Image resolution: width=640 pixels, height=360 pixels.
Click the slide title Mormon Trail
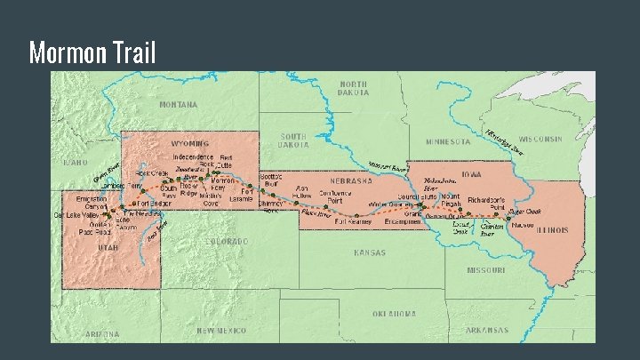pyautogui.click(x=92, y=53)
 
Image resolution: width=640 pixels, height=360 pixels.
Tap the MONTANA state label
pyautogui.click(x=179, y=104)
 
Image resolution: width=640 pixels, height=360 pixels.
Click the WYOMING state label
pyautogui.click(x=190, y=142)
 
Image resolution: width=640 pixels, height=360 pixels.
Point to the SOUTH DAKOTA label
pyautogui.click(x=292, y=140)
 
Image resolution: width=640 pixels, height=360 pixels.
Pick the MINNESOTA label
pyautogui.click(x=448, y=141)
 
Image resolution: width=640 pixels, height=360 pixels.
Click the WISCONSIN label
pyautogui.click(x=540, y=140)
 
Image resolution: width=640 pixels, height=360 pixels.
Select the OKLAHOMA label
pyautogui.click(x=394, y=313)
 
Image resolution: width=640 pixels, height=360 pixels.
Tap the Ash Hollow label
pyautogui.click(x=303, y=192)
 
